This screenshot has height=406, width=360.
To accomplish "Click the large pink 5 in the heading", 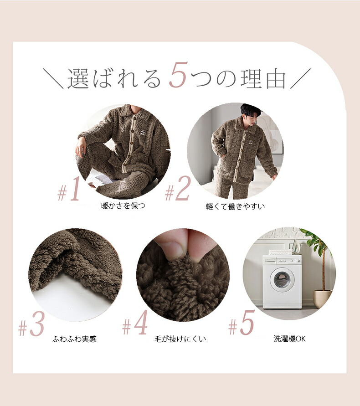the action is point(178,75).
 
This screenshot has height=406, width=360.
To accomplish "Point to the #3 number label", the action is point(31,324).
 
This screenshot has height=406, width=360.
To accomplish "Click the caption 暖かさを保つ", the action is point(123,206).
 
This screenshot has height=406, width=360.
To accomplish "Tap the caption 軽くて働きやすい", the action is point(235,206).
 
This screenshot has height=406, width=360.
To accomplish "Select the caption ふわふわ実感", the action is point(74,339).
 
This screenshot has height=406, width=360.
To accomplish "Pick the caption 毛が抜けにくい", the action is point(180,339).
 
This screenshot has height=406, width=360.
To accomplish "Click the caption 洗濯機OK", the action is point(289,339).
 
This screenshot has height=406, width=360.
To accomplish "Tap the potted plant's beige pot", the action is point(322,298).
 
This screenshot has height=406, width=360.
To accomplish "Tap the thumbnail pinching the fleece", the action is point(171,248).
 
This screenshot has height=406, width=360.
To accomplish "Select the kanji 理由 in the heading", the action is point(263,78).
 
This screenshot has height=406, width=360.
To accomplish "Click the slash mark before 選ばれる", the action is point(53,78).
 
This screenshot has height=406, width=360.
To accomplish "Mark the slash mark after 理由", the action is point(300,78).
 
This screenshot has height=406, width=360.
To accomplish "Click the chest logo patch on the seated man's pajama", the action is point(143,133).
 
